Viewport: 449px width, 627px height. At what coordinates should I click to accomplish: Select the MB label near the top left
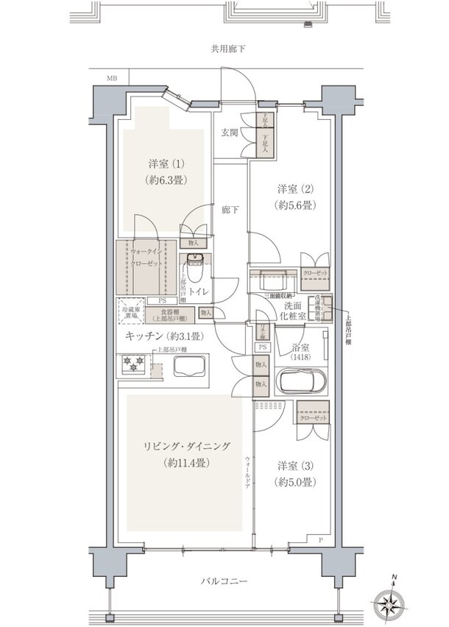[x=112, y=77]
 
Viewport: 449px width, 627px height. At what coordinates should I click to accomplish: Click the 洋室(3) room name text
[x=297, y=465]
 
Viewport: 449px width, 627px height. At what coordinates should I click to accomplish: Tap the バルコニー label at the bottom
[x=225, y=581]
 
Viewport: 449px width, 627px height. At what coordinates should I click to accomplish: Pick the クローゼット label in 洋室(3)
[x=312, y=418]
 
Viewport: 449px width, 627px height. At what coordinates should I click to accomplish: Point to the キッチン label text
[x=144, y=335]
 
